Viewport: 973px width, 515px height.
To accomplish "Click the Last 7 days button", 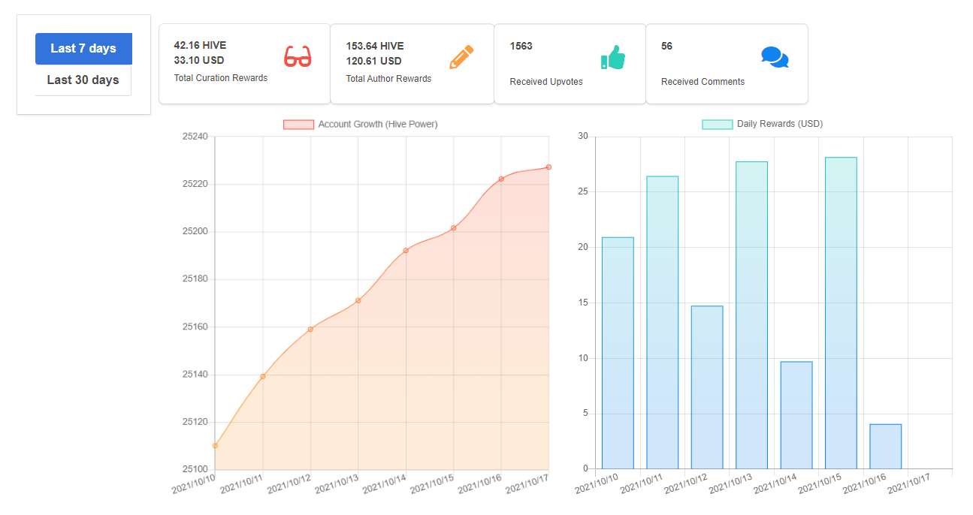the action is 83,49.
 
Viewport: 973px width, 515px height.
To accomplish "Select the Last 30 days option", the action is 83,80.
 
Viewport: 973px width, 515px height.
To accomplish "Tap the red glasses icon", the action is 298,56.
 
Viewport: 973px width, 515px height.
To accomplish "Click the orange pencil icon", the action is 461,56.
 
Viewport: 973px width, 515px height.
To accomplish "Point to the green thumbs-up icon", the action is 612,57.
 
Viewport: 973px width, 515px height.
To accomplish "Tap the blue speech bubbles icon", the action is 775,57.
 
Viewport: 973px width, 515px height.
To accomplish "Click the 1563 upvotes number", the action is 521,46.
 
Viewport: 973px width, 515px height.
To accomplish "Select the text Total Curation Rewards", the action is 221,78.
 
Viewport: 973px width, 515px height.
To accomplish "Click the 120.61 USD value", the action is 373,61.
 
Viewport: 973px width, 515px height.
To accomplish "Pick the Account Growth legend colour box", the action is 298,125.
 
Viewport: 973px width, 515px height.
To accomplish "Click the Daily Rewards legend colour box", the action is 717,125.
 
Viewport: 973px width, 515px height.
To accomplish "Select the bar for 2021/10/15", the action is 841,313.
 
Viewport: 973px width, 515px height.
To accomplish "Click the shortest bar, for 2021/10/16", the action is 886,447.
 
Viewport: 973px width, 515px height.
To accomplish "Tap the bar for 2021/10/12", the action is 707,387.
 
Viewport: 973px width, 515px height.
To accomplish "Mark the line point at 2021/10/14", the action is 406,251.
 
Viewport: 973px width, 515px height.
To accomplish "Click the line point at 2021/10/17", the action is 548,167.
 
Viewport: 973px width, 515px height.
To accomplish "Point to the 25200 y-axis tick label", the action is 195,231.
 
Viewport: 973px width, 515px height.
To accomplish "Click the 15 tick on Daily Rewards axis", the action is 583,303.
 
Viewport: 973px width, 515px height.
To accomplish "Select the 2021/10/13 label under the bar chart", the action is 730,483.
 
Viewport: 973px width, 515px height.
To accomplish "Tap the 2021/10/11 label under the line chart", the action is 241,483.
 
